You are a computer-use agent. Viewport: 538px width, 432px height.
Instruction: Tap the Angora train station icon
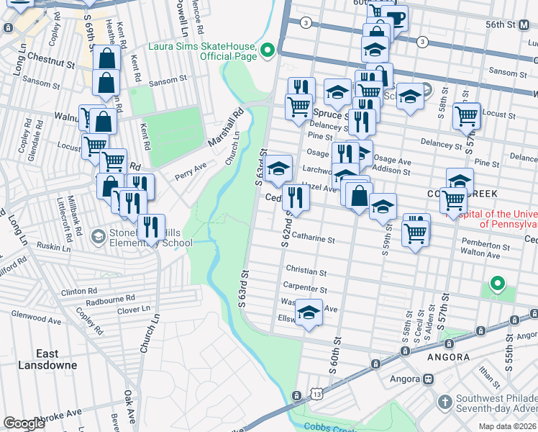click(429, 379)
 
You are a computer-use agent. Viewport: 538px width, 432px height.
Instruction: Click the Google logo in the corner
click(24, 423)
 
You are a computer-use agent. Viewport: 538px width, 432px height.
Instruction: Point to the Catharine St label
click(313, 238)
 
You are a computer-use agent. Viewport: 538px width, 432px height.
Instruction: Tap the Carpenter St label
click(306, 289)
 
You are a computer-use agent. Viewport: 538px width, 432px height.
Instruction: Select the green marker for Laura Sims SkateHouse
click(268, 50)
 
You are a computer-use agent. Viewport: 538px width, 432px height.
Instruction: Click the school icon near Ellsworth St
click(309, 313)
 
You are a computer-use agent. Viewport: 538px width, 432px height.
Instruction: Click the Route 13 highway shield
click(316, 394)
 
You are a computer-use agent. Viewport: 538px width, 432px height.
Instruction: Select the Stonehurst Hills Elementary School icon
click(98, 236)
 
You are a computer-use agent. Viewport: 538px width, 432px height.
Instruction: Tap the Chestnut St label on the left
click(53, 64)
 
